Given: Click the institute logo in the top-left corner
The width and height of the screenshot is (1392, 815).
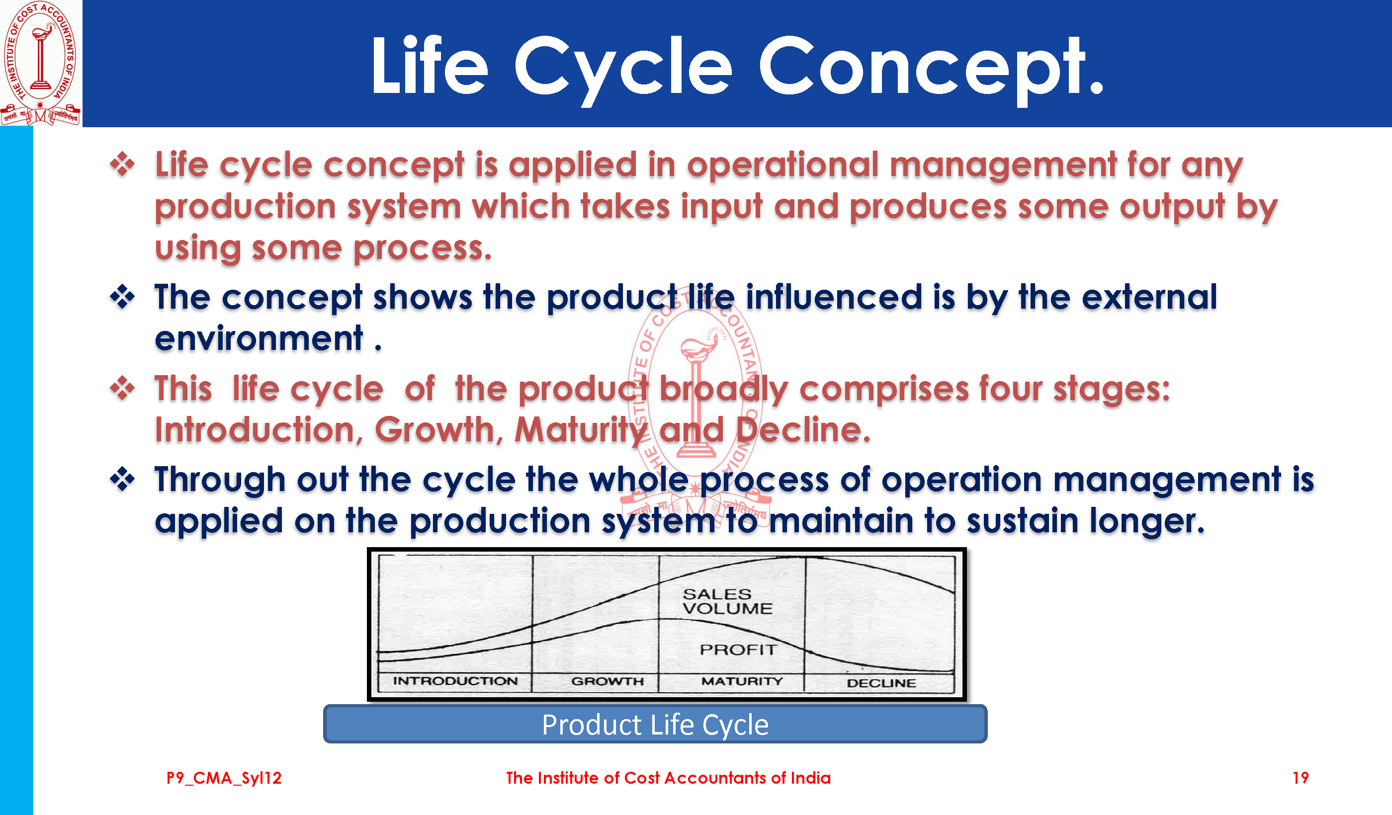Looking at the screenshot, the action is click(40, 63).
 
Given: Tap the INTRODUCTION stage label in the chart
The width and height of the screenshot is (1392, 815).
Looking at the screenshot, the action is click(455, 681).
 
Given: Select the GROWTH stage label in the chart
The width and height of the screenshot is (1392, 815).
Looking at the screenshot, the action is click(608, 681).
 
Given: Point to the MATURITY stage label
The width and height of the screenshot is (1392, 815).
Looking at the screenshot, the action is click(742, 681).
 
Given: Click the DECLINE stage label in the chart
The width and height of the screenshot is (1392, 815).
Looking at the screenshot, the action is click(881, 683).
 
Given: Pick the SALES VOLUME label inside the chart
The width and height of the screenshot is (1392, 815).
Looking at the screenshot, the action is click(727, 601).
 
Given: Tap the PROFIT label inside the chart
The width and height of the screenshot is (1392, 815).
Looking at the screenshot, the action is click(738, 650).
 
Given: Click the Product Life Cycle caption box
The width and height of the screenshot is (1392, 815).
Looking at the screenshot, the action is click(655, 724).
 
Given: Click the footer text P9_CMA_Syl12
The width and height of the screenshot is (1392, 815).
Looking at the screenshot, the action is click(224, 778).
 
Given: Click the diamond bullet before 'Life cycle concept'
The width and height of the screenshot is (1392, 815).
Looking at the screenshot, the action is click(123, 164).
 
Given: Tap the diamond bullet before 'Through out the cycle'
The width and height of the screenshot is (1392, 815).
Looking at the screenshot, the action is click(123, 479).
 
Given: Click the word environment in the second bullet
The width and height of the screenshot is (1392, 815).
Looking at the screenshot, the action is click(259, 338).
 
